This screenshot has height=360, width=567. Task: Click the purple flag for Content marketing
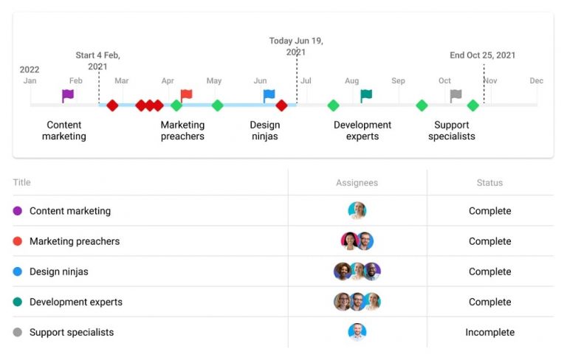point(68,95)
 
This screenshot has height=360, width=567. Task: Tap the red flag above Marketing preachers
point(186,95)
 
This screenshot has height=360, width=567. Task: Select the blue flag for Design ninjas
point(269,95)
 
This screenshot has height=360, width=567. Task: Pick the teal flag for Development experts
point(366,95)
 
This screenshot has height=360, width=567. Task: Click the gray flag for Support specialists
point(456,95)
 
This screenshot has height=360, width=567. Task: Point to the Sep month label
point(398,81)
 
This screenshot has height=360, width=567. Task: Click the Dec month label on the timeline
point(536,81)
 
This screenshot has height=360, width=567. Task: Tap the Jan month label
point(30,81)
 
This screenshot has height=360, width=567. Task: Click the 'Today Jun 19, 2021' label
point(296,46)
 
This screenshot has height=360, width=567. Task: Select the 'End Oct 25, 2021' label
point(483,55)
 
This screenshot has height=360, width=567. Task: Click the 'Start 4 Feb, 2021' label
point(97,60)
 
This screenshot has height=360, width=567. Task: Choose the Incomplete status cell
point(489,333)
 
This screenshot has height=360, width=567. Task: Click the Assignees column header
point(357,183)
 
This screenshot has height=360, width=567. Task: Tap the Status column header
point(489,183)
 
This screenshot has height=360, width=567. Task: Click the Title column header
point(22,183)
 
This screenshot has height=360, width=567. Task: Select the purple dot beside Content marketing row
point(18,211)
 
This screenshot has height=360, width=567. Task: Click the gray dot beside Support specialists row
point(18,333)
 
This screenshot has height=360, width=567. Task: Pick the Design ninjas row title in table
point(58,271)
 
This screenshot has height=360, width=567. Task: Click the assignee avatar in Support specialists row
point(357,332)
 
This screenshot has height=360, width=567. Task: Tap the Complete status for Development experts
point(489,302)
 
